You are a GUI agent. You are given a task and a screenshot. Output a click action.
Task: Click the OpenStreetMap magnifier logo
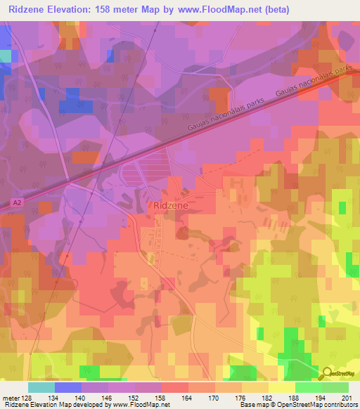coord(328,374)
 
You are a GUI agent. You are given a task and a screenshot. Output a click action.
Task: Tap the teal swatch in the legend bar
coord(41,387)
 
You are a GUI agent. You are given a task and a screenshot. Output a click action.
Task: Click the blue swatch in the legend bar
coord(68,387)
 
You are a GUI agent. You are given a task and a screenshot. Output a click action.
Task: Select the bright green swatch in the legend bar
coord(309,387)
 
